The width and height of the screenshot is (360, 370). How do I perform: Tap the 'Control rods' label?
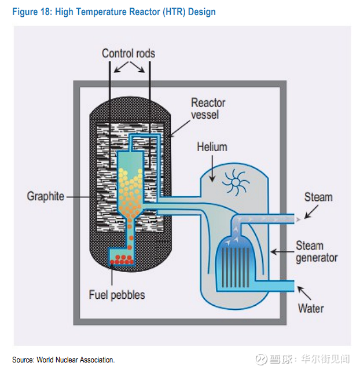click(128, 54)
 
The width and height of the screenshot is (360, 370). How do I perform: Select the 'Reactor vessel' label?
click(208, 108)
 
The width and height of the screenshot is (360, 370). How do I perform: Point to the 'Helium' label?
click(212, 146)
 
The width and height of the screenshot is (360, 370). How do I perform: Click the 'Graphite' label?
click(46, 196)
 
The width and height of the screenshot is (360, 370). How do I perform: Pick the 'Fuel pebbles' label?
click(117, 295)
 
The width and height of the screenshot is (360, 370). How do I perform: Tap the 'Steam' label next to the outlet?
click(318, 197)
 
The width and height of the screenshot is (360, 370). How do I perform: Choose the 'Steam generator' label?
click(316, 251)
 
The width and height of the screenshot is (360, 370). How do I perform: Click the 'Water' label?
click(311, 307)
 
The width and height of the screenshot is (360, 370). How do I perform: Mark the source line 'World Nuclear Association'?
click(64, 360)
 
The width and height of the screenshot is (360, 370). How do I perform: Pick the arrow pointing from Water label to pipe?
click(303, 292)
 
